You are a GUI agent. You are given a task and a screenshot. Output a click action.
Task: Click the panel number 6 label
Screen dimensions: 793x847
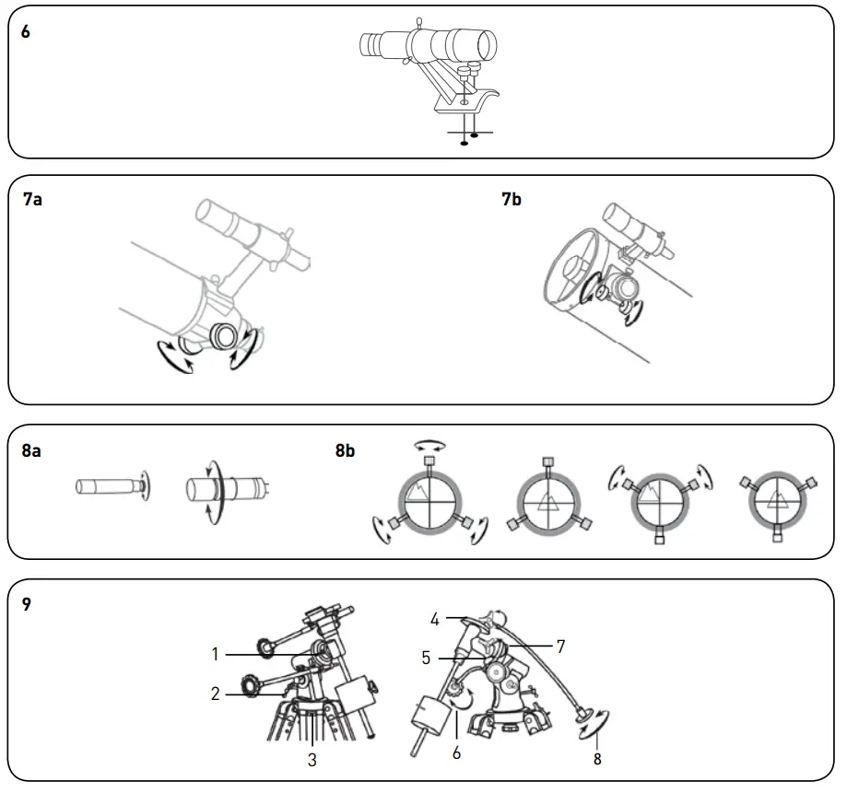[x=26, y=31]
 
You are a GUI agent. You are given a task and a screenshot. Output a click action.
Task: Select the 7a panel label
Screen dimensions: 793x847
[x=32, y=199]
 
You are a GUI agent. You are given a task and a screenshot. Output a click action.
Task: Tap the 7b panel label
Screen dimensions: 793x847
[x=512, y=199]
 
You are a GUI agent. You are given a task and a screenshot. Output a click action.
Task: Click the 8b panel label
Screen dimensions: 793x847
[x=346, y=451]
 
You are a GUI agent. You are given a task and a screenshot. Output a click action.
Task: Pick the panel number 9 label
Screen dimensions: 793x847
[x=26, y=605]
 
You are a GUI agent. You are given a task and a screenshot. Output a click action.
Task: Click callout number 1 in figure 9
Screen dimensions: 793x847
[x=215, y=654]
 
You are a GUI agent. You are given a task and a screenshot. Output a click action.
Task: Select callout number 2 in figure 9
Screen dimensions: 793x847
[x=215, y=694]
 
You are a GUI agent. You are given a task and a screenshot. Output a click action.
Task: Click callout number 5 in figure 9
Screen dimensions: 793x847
[x=426, y=658]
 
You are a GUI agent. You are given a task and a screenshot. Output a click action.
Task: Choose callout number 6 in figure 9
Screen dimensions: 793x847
[x=456, y=752]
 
